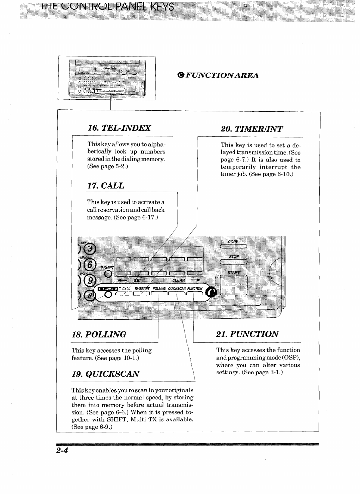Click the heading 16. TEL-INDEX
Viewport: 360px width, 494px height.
pyautogui.click(x=119, y=128)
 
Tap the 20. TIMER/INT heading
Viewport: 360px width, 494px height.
pyautogui.click(x=252, y=129)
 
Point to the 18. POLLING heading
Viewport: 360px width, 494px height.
pyautogui.click(x=99, y=334)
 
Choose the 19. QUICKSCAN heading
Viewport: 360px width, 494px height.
pyautogui.click(x=105, y=374)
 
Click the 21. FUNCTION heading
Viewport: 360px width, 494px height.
pyautogui.click(x=247, y=334)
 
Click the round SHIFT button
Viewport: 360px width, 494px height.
pyautogui.click(x=108, y=274)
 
